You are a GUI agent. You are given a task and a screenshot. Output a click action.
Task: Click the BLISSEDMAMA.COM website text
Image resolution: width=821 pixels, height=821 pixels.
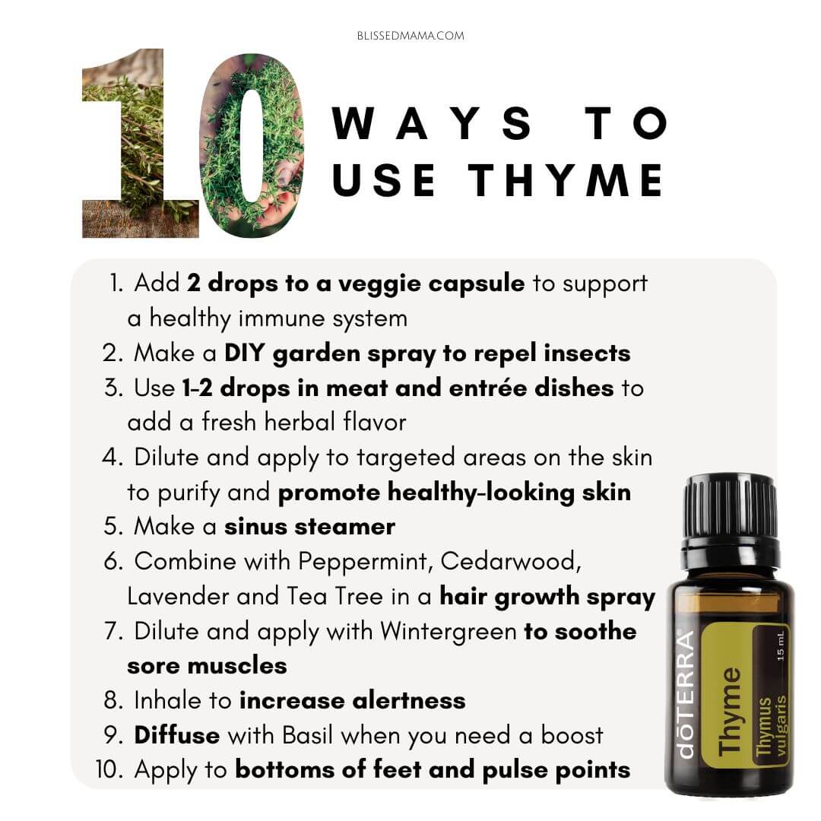pos(410,36)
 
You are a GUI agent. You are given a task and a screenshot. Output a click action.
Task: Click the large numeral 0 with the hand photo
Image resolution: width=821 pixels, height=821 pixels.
pos(252,146)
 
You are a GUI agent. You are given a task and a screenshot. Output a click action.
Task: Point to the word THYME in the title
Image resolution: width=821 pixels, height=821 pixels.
pos(566,179)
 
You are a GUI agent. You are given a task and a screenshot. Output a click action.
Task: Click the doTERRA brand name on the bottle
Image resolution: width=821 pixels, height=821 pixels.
pos(686,695)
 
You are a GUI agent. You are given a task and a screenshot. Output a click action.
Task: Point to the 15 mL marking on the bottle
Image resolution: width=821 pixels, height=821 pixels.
pos(780,646)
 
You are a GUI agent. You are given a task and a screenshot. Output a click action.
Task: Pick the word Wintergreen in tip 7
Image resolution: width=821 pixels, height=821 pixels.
pos(449,632)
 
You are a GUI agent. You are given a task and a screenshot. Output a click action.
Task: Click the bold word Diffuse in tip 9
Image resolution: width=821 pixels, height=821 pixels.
pos(177,735)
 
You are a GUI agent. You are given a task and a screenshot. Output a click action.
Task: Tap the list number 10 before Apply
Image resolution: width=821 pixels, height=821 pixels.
pos(109,770)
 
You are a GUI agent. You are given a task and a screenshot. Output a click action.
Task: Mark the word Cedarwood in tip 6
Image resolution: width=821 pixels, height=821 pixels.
pos(511,561)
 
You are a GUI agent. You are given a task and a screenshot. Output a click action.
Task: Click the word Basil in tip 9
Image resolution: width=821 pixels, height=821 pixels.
pos(308,735)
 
